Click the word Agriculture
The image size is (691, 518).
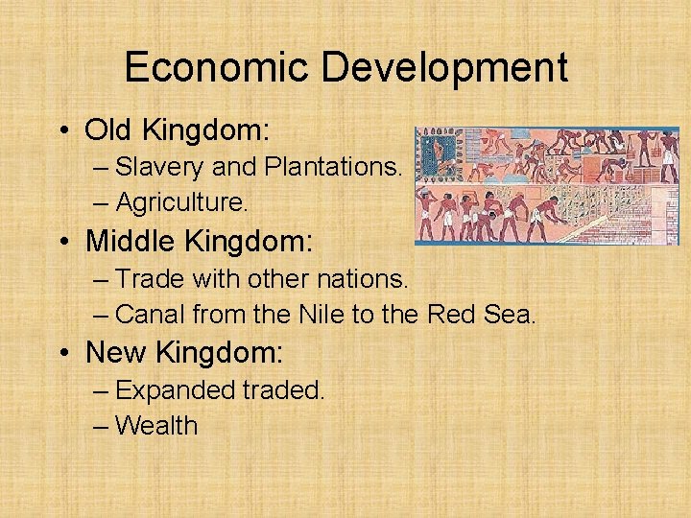180,203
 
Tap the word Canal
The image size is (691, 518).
151,314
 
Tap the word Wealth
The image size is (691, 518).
155,426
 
